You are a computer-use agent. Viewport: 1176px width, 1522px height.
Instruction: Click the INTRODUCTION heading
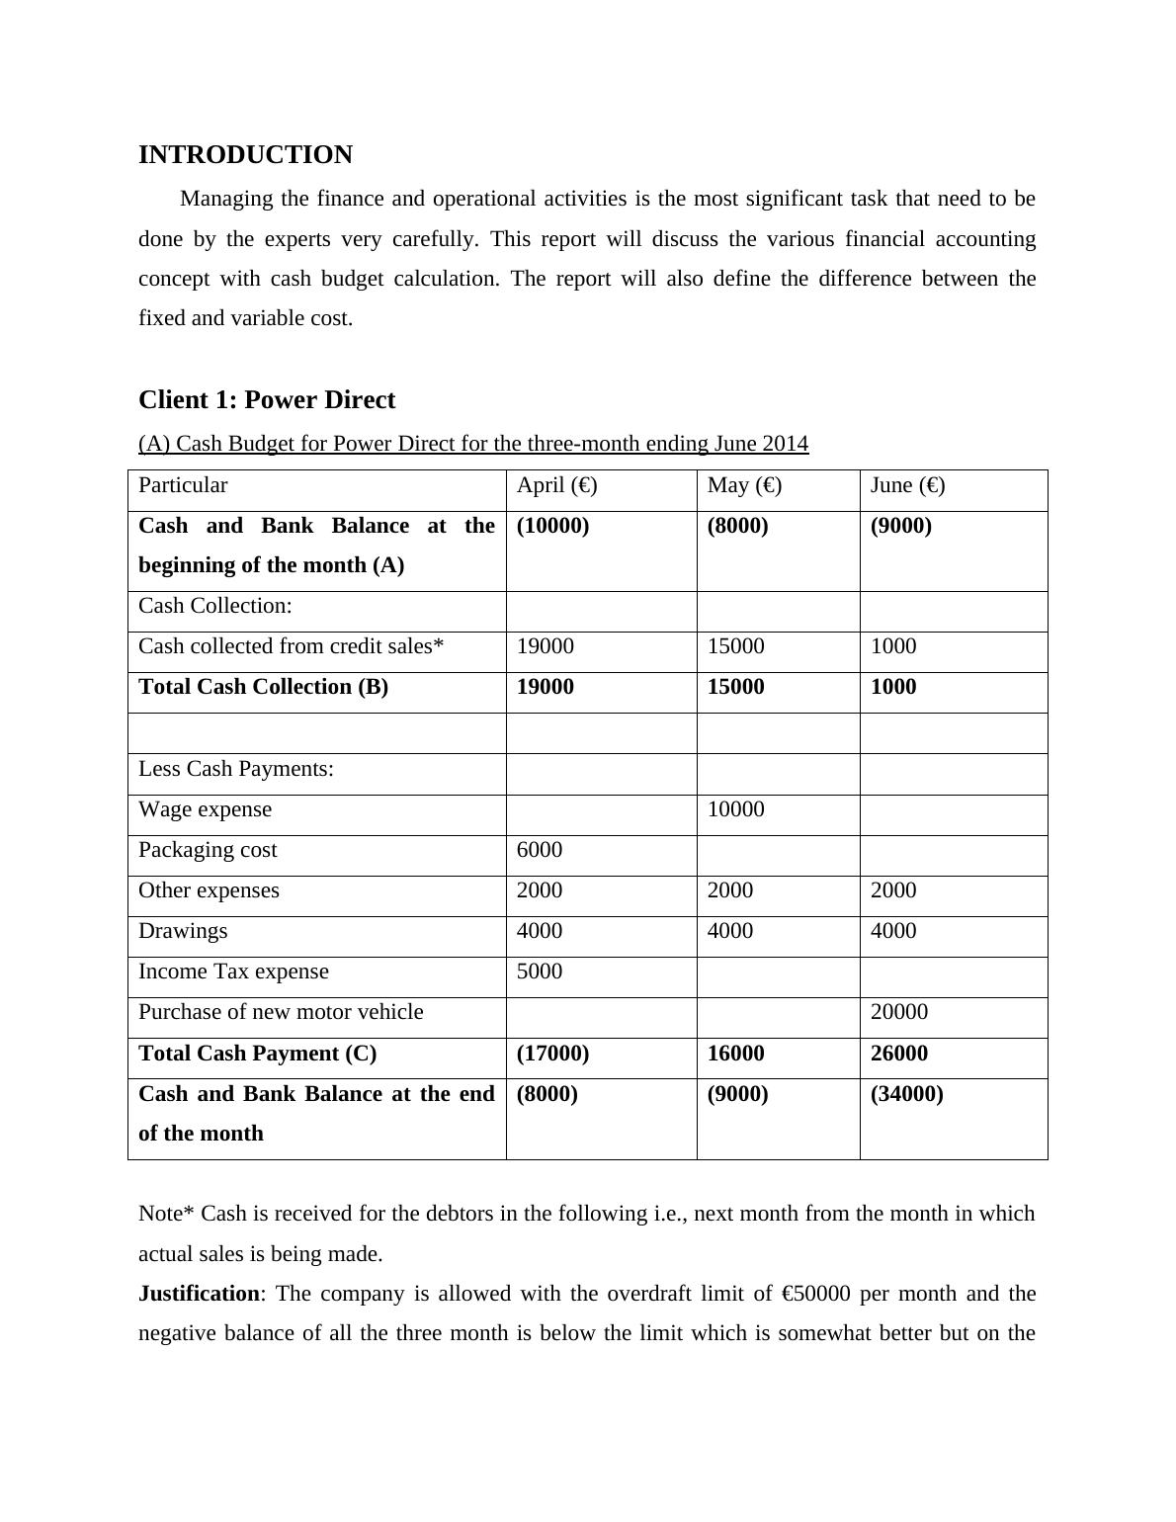tap(245, 155)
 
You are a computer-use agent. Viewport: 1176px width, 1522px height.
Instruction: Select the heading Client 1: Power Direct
tap(267, 399)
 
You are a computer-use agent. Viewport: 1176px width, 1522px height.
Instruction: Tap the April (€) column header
tap(556, 485)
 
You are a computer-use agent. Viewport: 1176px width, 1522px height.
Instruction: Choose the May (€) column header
tap(744, 485)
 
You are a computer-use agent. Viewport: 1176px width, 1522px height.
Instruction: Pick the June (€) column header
tap(907, 485)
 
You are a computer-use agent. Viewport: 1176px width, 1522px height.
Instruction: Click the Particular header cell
tap(183, 485)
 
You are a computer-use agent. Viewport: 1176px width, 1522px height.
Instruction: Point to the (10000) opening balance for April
tap(552, 526)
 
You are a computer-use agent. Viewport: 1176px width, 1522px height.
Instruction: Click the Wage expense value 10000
tap(736, 809)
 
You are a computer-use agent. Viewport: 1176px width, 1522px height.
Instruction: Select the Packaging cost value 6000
tap(540, 850)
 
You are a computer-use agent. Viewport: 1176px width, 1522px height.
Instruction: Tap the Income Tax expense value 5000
tap(540, 972)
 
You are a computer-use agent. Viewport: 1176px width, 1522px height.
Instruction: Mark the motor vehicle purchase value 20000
tap(899, 1012)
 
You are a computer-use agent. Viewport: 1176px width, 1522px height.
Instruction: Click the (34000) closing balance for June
tap(906, 1094)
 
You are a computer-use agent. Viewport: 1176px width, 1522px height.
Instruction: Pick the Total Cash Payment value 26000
tap(899, 1054)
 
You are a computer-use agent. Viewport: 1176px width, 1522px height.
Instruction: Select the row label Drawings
tap(183, 931)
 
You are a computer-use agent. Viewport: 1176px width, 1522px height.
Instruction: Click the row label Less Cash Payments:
tap(236, 769)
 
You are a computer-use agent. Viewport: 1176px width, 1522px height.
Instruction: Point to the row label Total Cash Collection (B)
tap(263, 687)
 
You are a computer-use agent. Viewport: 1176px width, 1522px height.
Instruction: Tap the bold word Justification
tap(199, 1294)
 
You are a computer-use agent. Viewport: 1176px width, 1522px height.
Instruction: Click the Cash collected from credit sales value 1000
tap(893, 646)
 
